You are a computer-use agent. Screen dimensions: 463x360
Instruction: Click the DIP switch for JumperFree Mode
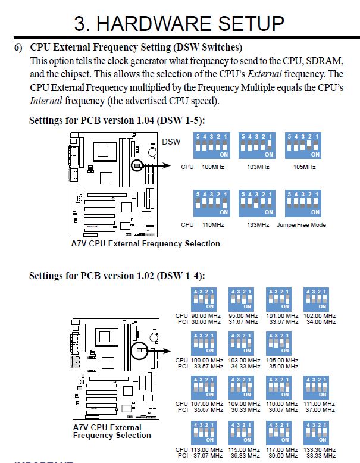(304, 204)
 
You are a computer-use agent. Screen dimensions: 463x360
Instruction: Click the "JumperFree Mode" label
(301, 225)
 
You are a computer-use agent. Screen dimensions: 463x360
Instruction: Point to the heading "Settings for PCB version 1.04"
(117, 120)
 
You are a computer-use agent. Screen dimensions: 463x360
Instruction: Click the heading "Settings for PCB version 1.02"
(117, 276)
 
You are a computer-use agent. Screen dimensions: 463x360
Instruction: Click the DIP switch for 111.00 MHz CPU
(316, 388)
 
